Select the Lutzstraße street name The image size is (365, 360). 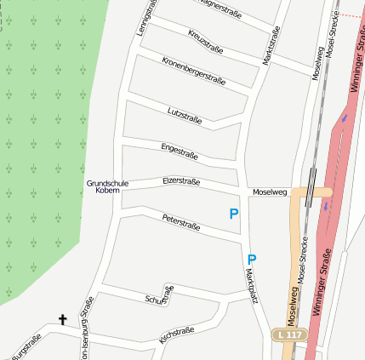click(x=185, y=115)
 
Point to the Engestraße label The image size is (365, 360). click(x=180, y=152)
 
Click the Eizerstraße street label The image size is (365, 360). click(x=181, y=181)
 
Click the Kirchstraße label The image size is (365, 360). click(x=177, y=334)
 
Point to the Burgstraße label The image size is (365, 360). click(x=25, y=350)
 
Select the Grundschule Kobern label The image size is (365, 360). click(x=107, y=187)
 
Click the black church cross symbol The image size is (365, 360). click(x=62, y=320)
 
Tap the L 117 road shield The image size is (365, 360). click(x=288, y=335)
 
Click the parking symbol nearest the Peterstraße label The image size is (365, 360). click(x=233, y=214)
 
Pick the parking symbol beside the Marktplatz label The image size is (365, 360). click(x=251, y=259)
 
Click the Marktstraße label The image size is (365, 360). click(x=272, y=46)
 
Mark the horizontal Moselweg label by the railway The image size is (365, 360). click(x=270, y=192)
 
